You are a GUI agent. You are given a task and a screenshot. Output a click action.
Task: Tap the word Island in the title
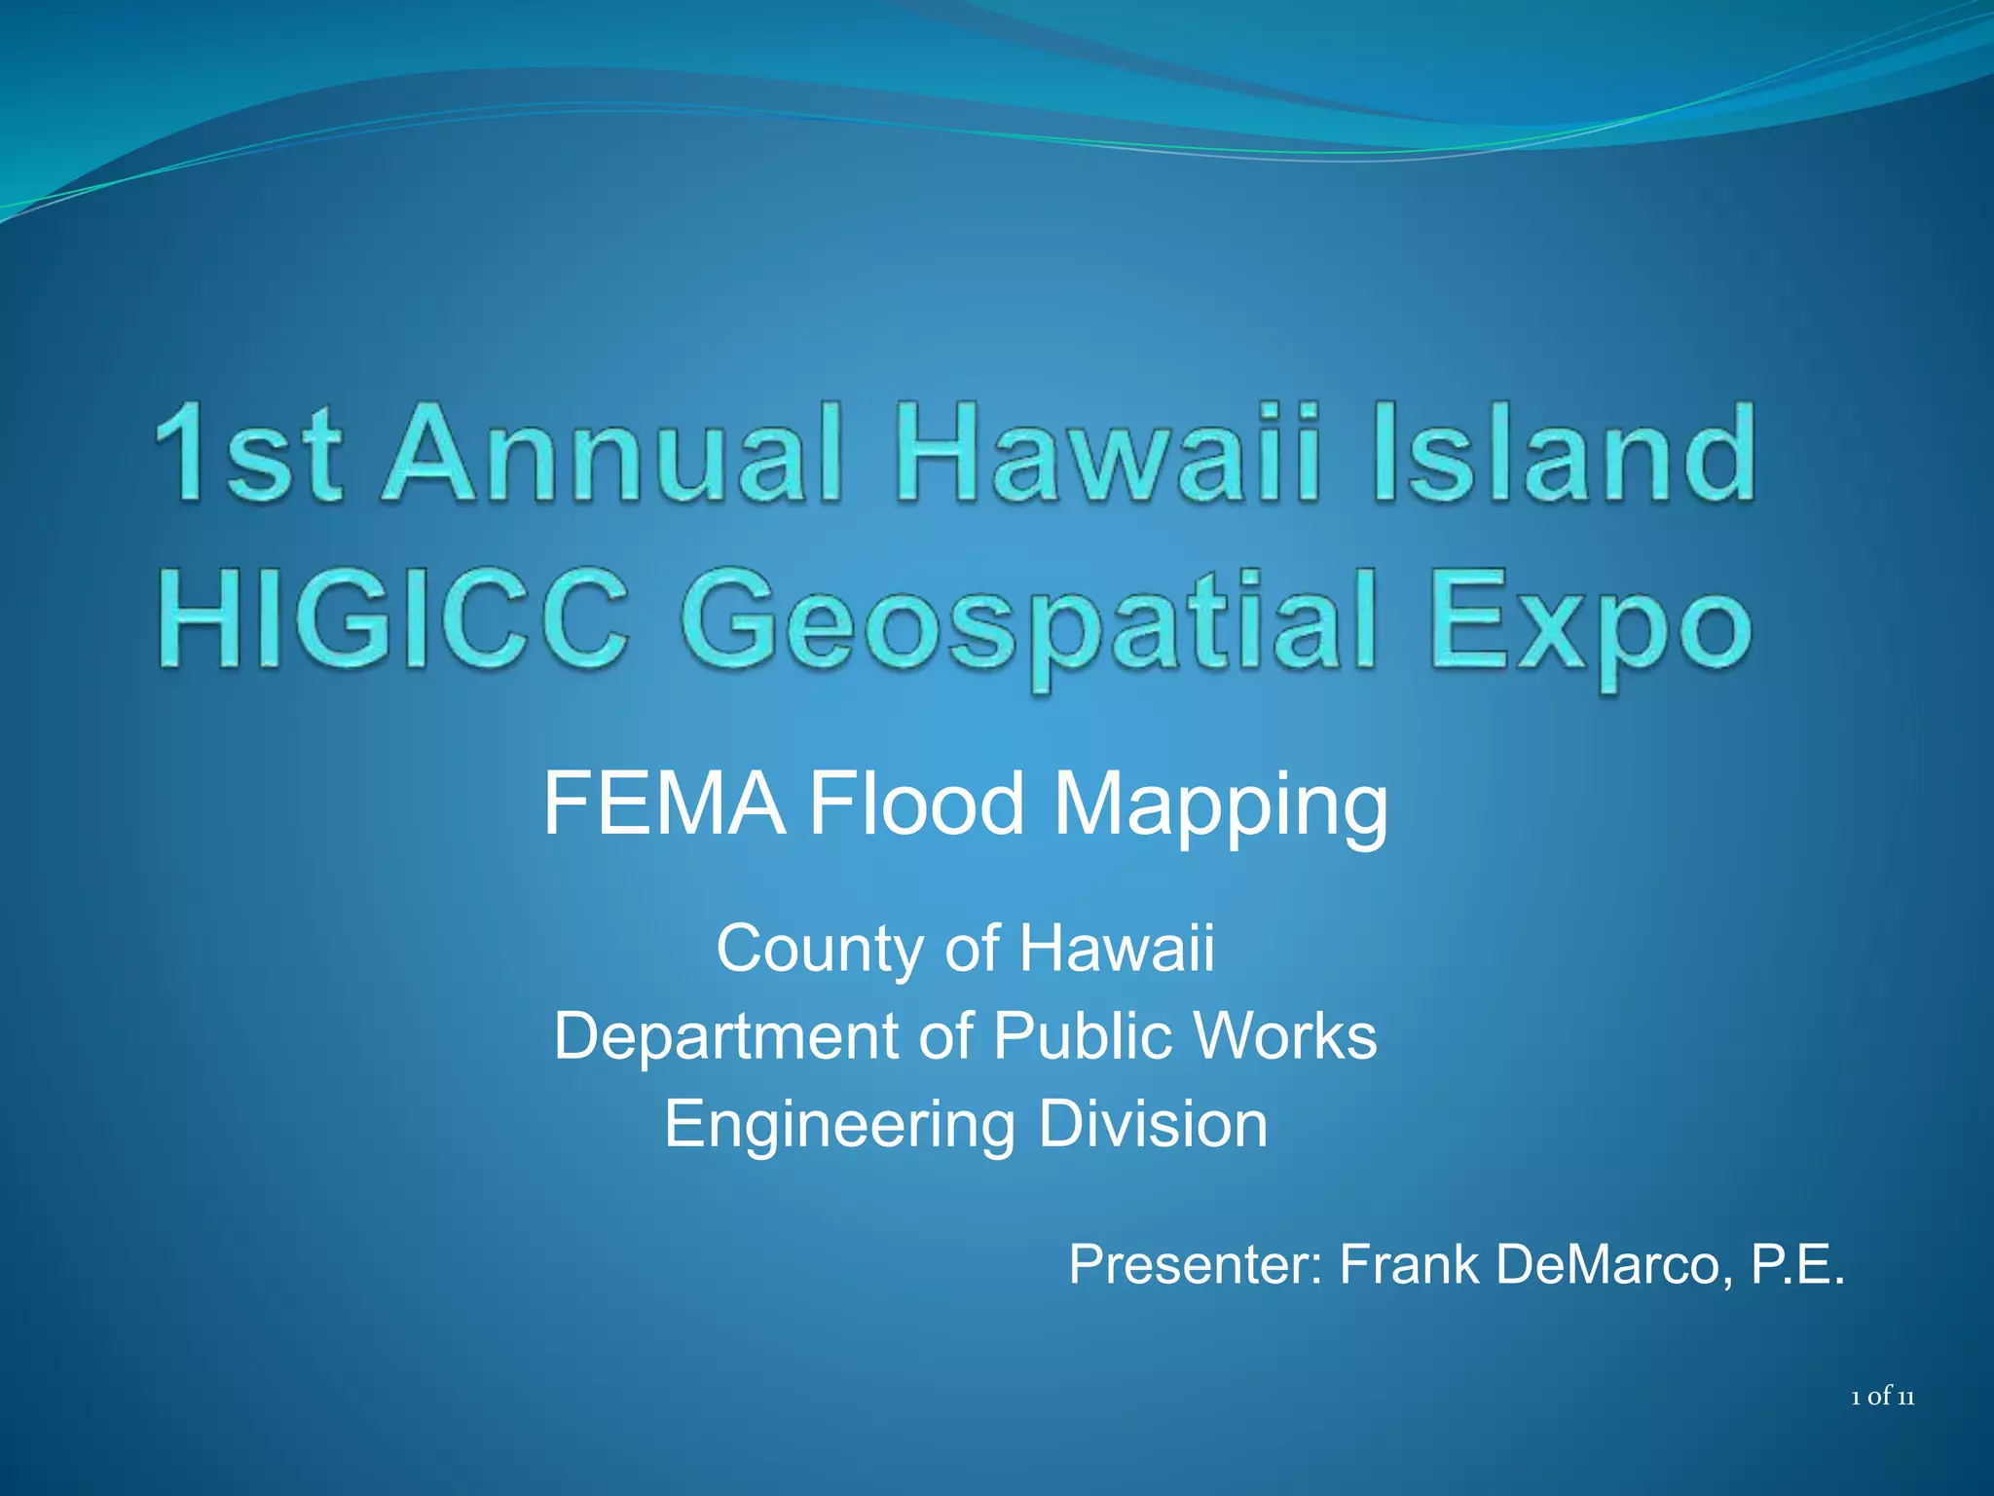(x=1565, y=454)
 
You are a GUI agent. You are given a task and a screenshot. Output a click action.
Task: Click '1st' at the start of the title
(x=247, y=454)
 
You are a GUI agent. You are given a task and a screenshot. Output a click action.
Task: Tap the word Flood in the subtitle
(x=916, y=804)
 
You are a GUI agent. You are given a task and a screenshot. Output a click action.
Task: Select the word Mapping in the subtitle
(x=1221, y=808)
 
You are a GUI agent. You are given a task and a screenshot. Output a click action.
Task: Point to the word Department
(x=726, y=1035)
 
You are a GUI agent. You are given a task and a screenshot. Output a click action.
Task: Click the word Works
(x=1285, y=1035)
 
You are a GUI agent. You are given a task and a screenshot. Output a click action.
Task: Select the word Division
(x=1153, y=1124)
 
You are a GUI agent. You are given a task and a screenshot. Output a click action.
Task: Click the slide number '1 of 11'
(x=1882, y=1398)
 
